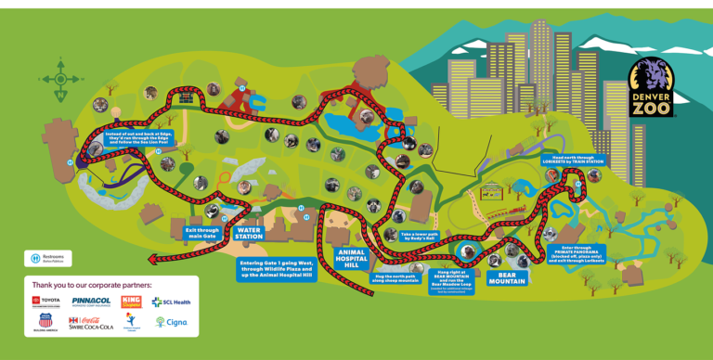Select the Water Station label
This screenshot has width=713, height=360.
tap(249, 233)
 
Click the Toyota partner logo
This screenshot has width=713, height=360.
tap(46, 302)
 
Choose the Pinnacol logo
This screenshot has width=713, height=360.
tap(91, 302)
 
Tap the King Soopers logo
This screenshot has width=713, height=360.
tap(131, 302)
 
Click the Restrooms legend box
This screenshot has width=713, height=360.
tap(49, 258)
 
